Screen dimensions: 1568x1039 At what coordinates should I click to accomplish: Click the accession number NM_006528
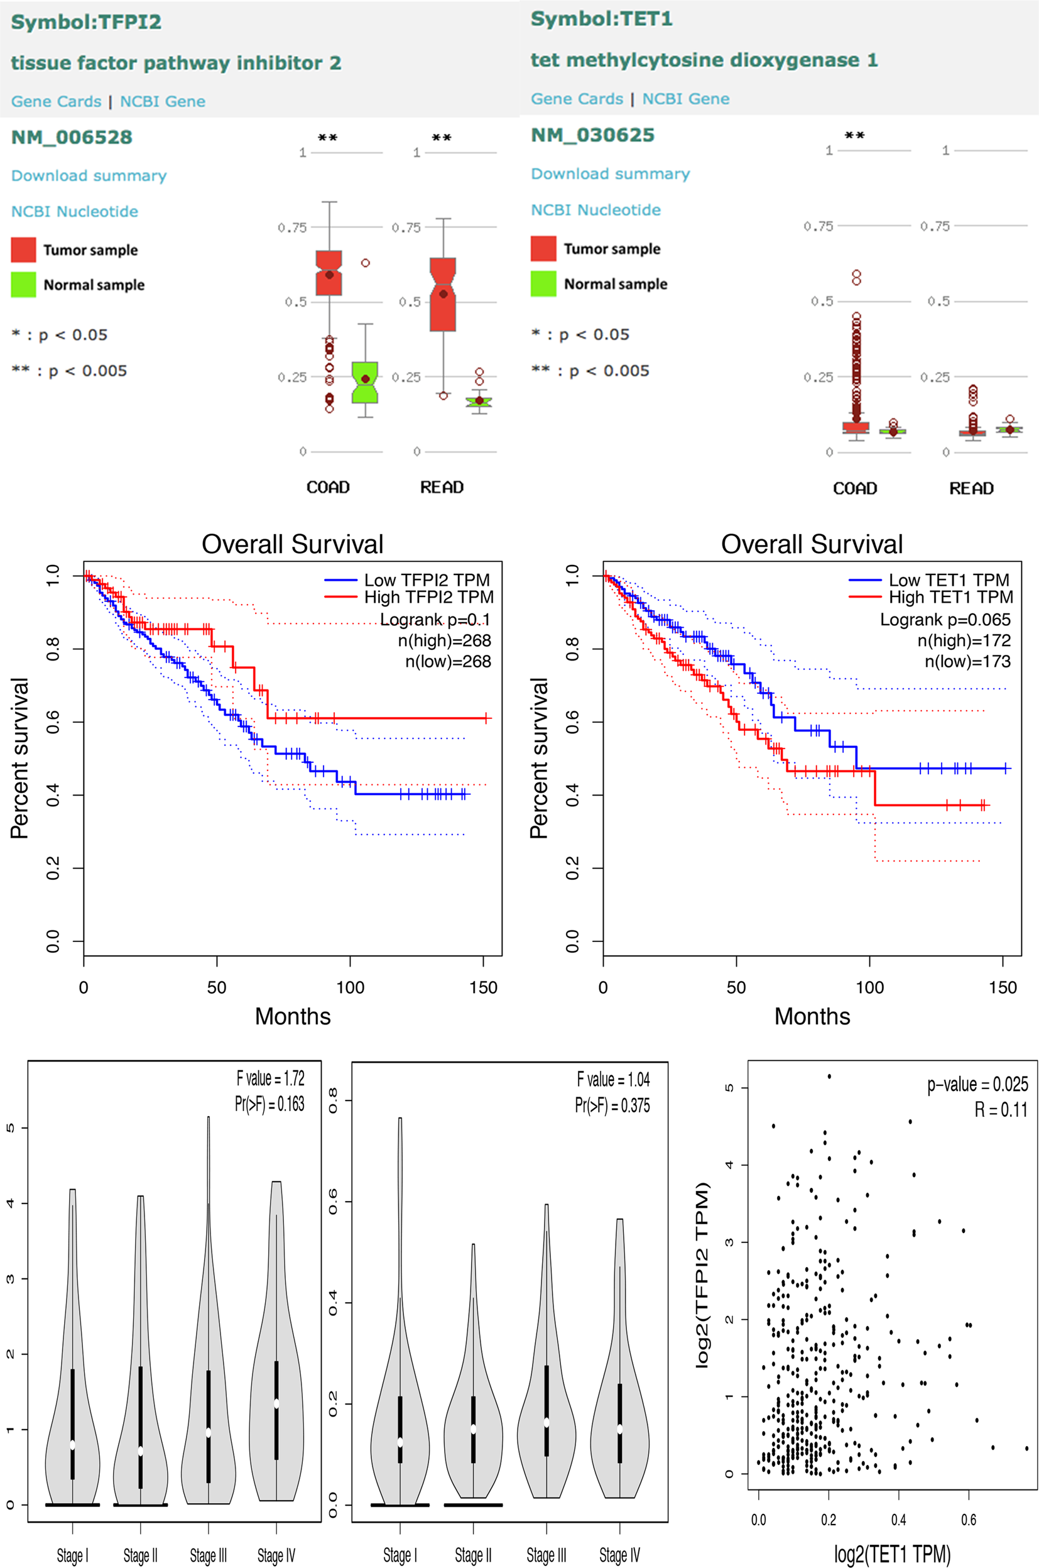(72, 137)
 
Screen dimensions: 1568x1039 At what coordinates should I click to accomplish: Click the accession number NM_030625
(592, 135)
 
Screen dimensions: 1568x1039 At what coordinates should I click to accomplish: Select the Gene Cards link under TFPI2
(57, 101)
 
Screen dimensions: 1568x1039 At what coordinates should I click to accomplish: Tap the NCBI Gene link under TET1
(686, 99)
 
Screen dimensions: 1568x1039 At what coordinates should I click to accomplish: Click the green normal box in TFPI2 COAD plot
(364, 382)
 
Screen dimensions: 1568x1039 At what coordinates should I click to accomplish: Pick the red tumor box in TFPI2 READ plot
(443, 294)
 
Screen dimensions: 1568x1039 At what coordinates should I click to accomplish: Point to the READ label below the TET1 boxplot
(971, 488)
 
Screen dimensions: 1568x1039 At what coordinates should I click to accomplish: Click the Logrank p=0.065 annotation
(945, 620)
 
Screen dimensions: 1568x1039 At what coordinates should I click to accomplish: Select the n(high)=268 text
(445, 641)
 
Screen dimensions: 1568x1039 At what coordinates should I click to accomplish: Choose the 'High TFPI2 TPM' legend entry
(428, 597)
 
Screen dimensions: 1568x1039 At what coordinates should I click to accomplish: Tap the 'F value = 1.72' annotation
(270, 1078)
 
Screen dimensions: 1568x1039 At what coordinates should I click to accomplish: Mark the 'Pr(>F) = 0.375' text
(612, 1105)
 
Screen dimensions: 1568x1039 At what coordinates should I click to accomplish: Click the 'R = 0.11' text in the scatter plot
(1001, 1109)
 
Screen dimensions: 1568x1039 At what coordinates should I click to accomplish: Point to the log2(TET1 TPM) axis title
(893, 1554)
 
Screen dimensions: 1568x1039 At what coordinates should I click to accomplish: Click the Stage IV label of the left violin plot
(276, 1555)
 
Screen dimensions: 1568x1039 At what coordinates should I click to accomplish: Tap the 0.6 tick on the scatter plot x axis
(969, 1520)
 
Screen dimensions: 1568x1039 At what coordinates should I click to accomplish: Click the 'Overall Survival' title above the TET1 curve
(812, 544)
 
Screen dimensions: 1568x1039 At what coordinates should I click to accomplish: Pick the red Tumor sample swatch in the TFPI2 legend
(23, 250)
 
